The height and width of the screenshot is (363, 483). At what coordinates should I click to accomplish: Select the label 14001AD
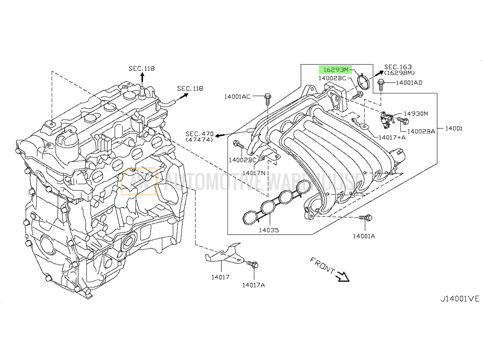point(409,83)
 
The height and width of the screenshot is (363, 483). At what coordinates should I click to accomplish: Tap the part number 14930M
point(415,114)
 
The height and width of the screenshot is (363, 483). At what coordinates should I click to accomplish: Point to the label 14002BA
point(421,131)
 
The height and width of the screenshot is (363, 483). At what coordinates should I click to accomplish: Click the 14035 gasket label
point(268,230)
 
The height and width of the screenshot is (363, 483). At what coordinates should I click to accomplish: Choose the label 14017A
point(254,285)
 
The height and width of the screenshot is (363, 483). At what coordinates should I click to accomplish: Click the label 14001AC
point(237,97)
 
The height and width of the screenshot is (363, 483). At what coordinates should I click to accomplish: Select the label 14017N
point(255,173)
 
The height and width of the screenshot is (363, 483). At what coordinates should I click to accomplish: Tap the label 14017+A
point(392,137)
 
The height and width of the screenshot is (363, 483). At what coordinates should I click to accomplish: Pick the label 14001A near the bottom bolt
point(364,236)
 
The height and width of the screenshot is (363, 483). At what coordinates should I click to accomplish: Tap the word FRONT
point(322,267)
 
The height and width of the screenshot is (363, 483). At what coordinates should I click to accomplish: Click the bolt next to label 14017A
point(253,265)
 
